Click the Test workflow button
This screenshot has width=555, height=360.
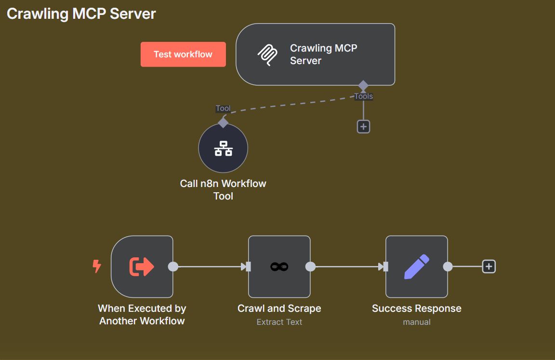click(183, 54)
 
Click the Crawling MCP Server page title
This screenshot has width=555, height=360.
click(81, 13)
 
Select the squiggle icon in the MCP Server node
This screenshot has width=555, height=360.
click(267, 55)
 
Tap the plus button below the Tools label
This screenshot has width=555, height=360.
click(363, 127)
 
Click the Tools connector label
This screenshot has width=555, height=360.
click(363, 96)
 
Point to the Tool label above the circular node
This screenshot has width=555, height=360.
click(223, 108)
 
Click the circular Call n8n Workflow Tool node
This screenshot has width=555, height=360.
click(223, 148)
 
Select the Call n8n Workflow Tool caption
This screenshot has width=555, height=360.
click(223, 190)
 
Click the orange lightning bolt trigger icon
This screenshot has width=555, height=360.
click(97, 266)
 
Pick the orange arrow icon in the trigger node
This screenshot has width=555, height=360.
click(142, 267)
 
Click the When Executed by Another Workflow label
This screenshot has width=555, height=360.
click(142, 315)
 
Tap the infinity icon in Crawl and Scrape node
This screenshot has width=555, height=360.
click(279, 267)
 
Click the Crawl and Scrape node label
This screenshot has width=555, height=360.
click(279, 308)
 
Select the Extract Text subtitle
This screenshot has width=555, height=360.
click(279, 322)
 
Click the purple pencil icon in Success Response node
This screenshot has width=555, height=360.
click(416, 267)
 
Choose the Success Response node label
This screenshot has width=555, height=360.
click(417, 308)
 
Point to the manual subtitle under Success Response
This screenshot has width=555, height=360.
click(417, 322)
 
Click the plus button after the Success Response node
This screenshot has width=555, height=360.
click(489, 267)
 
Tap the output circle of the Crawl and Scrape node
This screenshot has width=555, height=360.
click(311, 267)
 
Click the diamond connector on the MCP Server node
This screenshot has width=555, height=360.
click(363, 86)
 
